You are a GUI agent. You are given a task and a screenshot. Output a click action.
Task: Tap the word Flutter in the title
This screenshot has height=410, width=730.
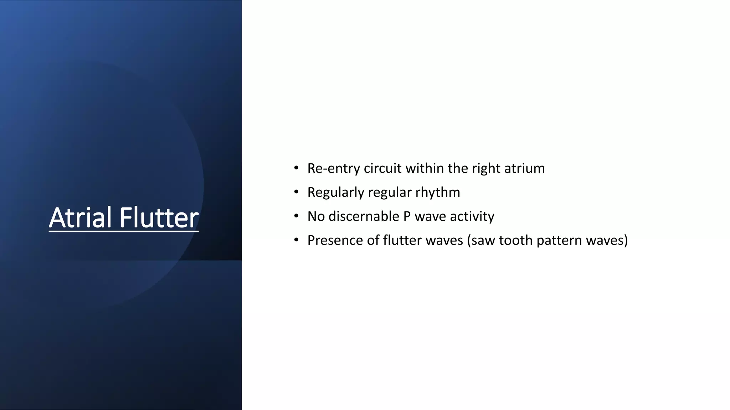[159, 217]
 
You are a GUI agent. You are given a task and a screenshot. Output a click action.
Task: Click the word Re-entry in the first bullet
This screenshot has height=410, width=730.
[334, 168]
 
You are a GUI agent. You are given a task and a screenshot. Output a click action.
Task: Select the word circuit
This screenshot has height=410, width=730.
[382, 168]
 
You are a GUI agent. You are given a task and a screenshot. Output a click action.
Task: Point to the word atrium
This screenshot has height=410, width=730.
[525, 168]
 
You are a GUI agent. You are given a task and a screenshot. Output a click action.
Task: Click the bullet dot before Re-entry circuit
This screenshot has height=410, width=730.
[296, 168]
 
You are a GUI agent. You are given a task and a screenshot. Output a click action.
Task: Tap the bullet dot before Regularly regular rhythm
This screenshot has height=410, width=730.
[296, 192]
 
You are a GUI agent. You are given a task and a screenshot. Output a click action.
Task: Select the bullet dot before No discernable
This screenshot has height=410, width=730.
[296, 216]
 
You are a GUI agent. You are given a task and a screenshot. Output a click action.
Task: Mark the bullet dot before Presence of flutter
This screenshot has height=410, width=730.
[296, 240]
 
